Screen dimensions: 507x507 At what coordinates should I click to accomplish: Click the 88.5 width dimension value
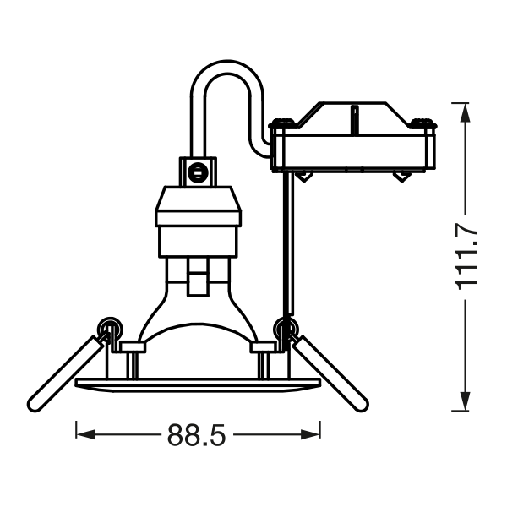(196, 435)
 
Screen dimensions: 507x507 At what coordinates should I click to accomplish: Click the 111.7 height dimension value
(466, 257)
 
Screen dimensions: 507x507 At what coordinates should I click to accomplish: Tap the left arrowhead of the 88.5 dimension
(85, 434)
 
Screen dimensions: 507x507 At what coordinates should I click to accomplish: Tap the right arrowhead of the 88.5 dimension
(310, 434)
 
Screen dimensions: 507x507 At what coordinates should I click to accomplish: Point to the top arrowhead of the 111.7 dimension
(465, 113)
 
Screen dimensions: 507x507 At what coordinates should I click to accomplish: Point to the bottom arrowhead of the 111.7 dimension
(465, 401)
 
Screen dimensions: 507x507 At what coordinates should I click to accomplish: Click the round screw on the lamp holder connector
(197, 172)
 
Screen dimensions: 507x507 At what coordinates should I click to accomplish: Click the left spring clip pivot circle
(110, 330)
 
